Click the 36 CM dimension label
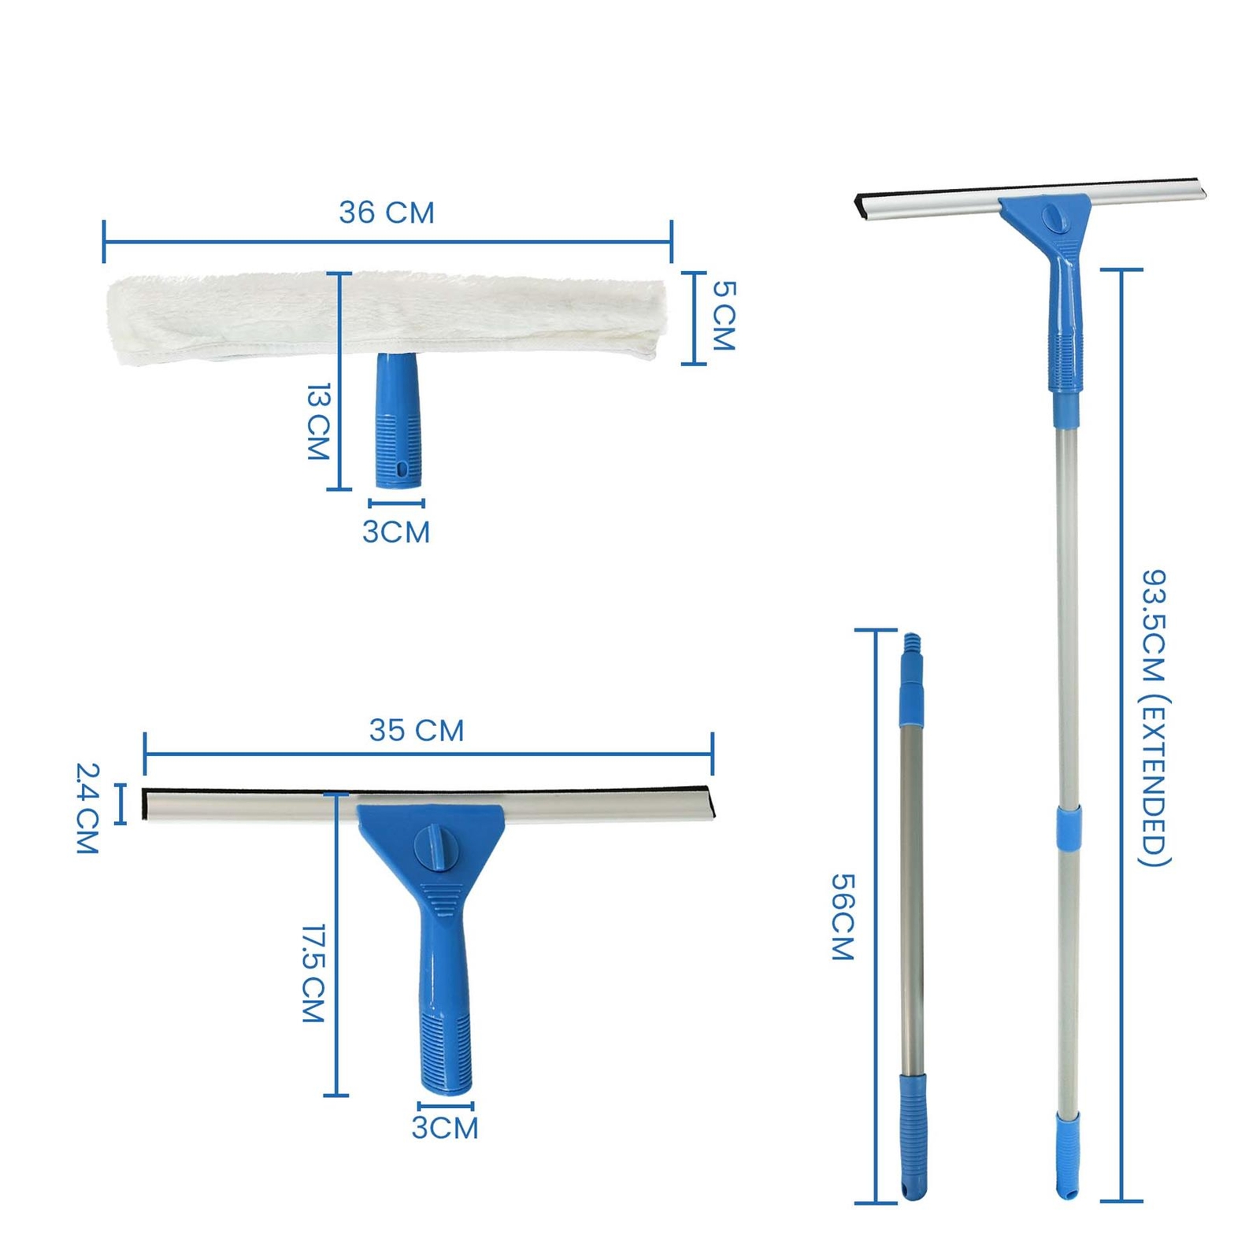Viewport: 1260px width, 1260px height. click(x=387, y=213)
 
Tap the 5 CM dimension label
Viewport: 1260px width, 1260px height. click(x=723, y=316)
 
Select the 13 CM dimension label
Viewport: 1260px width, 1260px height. click(x=317, y=421)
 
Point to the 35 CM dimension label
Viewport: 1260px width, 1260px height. click(x=417, y=731)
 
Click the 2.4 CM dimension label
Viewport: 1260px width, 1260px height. click(x=87, y=808)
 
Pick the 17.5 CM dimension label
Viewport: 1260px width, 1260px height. click(x=313, y=973)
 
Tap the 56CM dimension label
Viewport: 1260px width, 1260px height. click(x=843, y=917)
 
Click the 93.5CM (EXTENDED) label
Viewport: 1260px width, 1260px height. click(x=1154, y=717)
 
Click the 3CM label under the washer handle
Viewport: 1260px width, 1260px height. click(x=396, y=532)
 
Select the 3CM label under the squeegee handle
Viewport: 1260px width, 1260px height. click(x=445, y=1128)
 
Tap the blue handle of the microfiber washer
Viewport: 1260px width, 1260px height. click(x=398, y=425)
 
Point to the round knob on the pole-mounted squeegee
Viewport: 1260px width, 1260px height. click(x=1052, y=218)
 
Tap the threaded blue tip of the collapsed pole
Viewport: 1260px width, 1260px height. click(x=911, y=644)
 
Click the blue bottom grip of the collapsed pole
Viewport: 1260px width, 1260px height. click(x=913, y=1134)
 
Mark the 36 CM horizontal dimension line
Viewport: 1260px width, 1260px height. click(x=387, y=242)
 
